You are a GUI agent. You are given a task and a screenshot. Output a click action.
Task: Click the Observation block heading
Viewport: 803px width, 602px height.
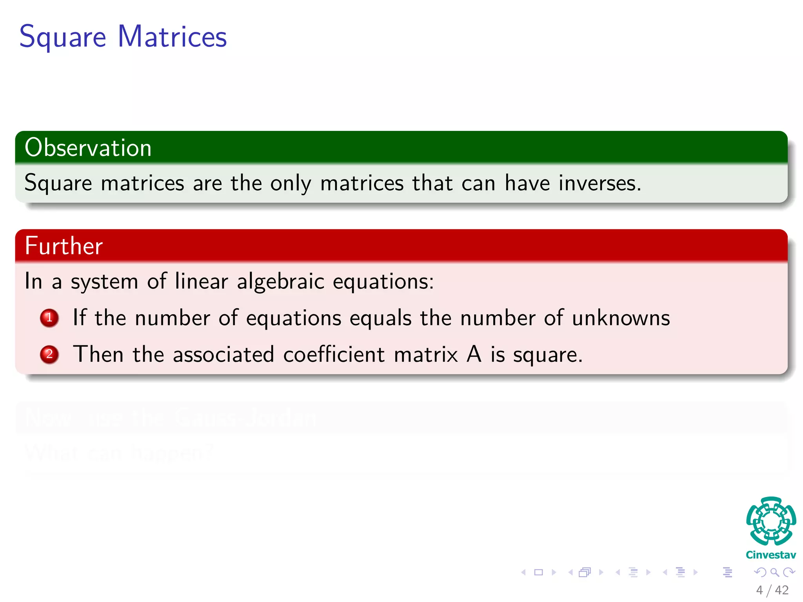click(x=88, y=148)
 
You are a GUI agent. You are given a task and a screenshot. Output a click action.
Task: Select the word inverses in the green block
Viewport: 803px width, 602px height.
click(x=600, y=183)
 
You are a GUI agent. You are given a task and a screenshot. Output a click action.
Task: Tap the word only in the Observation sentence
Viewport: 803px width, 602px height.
click(x=291, y=183)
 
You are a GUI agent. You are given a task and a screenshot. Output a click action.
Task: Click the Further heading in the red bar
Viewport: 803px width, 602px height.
click(x=64, y=246)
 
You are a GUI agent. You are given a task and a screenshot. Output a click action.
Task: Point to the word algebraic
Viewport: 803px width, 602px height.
click(x=281, y=281)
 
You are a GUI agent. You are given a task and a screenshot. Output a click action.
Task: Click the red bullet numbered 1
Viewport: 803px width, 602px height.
click(x=49, y=318)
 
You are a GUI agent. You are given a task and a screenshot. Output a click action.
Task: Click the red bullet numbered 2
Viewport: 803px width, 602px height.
click(x=49, y=354)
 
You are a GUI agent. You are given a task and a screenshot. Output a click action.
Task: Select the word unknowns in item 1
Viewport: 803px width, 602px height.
click(x=621, y=318)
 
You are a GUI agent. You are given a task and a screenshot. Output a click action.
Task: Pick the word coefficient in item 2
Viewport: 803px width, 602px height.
click(x=334, y=354)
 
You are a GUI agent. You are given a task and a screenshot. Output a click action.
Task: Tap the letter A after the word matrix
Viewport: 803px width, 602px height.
click(x=474, y=354)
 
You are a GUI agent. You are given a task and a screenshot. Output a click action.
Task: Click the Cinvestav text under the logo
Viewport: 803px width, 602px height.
click(x=771, y=555)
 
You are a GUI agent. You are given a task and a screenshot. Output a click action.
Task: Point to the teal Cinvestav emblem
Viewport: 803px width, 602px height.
click(x=771, y=521)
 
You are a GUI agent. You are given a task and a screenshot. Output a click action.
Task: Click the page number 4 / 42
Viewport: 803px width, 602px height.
click(x=772, y=590)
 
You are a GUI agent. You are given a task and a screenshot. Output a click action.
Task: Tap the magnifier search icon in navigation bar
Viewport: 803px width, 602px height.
click(x=774, y=572)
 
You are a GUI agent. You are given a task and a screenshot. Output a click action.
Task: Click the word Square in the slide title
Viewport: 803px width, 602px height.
click(x=63, y=37)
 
